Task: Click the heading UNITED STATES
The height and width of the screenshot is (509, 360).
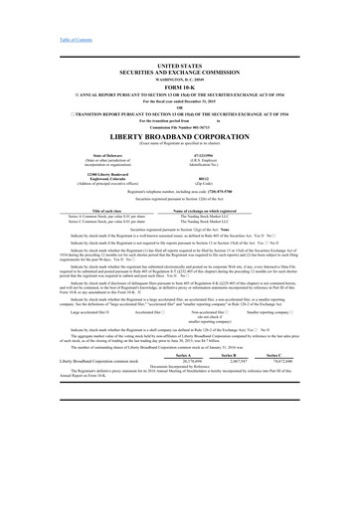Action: tap(179, 63)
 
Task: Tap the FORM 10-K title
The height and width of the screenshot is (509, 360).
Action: tap(179, 85)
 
